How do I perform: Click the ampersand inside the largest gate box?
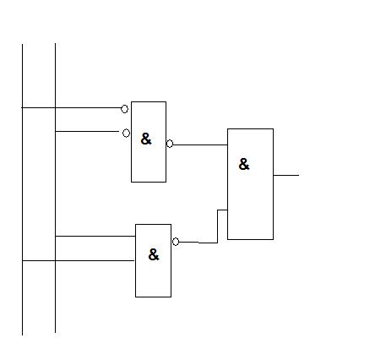click(244, 164)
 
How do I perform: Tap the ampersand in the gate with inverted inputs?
click(146, 139)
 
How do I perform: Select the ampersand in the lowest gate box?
click(154, 254)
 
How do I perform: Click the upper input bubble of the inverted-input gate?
click(124, 109)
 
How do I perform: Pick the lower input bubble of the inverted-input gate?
click(126, 133)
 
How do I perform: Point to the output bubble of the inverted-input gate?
click(170, 144)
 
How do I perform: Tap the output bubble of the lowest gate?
click(176, 242)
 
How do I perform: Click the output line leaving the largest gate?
click(286, 175)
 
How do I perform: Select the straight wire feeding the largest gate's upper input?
click(200, 145)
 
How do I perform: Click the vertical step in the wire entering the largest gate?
click(217, 226)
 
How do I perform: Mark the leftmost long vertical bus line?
click(22, 189)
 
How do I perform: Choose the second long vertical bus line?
click(55, 188)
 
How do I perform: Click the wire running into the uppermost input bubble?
click(71, 107)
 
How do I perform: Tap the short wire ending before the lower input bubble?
click(87, 131)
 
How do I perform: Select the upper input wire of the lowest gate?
click(95, 236)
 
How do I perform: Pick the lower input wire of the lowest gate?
click(79, 260)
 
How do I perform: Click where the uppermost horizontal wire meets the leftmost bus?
click(22, 107)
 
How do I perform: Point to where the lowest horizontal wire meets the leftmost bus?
click(22, 260)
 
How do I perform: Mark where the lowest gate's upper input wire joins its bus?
click(55, 236)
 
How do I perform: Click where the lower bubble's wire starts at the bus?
click(55, 131)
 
